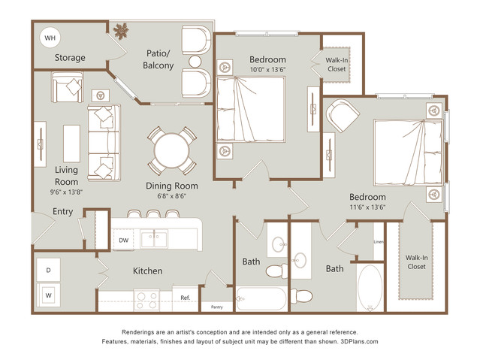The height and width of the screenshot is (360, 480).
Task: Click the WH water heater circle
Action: pos(50,38)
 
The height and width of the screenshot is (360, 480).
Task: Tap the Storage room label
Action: pos(70,58)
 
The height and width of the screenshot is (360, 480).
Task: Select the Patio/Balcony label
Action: pos(158,59)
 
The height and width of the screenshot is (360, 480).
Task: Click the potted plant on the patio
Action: pos(121,31)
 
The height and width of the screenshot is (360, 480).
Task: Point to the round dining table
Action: pos(172,150)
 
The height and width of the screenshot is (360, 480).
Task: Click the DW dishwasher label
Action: pos(124,241)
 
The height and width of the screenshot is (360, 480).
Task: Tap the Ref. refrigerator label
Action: pos(186,298)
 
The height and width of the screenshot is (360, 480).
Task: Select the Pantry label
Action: pos(217,307)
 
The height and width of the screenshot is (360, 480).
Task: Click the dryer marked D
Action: pos(48,270)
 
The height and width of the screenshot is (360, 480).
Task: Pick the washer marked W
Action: pos(48,295)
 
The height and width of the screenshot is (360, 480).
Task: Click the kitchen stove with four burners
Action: pos(146,301)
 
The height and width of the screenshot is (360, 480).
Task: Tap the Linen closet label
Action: pos(379,242)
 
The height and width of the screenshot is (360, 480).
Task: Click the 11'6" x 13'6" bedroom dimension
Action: pos(367,207)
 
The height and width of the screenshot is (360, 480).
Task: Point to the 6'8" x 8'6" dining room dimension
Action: pos(172,195)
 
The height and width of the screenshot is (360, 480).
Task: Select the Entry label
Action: pos(63,212)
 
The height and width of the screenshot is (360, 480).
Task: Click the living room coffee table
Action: pos(71,144)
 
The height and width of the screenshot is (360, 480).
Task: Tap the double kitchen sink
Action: pos(154,239)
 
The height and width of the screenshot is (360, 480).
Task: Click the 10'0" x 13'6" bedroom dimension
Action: pos(267,70)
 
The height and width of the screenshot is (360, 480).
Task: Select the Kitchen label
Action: pos(147,271)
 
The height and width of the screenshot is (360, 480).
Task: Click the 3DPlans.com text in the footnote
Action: pos(359,341)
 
